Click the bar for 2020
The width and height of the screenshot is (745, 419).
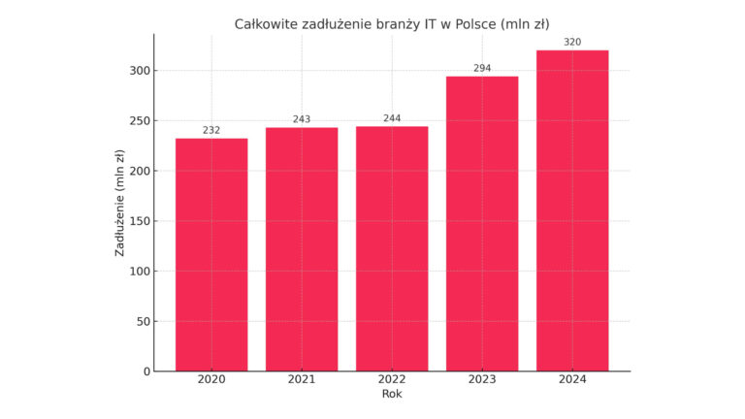(x=211, y=254)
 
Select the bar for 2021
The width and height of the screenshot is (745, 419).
(x=302, y=249)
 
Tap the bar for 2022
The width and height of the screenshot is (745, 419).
(x=392, y=248)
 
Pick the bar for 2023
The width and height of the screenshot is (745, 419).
(x=482, y=223)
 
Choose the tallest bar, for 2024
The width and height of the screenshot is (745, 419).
(x=572, y=210)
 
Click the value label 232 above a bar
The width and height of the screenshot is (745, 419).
(x=211, y=130)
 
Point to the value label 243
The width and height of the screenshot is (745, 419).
(x=302, y=119)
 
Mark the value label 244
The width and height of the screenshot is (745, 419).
(x=392, y=118)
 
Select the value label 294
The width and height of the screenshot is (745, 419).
(x=482, y=68)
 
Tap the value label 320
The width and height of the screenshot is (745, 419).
(x=572, y=42)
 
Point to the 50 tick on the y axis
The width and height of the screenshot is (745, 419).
(x=143, y=321)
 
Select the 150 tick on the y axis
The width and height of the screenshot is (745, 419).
(x=139, y=221)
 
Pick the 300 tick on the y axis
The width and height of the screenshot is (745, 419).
(x=139, y=71)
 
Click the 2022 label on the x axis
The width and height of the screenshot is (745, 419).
(x=392, y=379)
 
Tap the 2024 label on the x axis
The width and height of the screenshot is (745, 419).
(x=572, y=379)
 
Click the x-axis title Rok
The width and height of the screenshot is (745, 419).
(x=392, y=394)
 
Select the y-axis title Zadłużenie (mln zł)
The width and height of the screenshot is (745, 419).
(x=119, y=203)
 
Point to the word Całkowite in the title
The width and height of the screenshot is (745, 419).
(x=267, y=23)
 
